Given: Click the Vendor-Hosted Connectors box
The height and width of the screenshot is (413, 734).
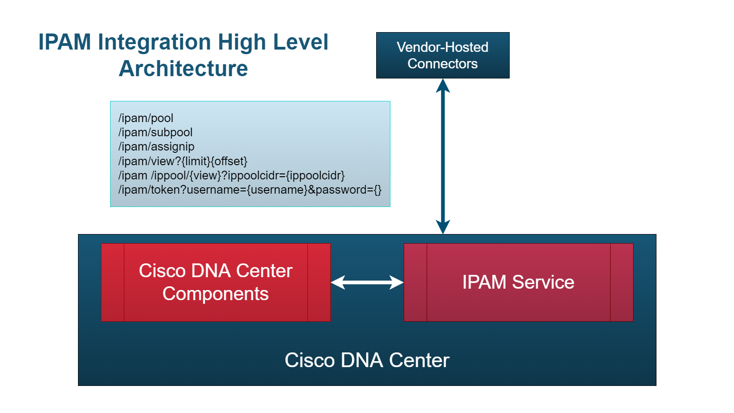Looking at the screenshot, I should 443,55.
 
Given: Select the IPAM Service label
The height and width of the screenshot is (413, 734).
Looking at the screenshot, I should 518,282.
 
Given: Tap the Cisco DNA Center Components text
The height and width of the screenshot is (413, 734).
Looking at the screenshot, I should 216,282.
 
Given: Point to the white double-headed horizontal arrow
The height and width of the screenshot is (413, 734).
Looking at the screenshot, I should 367,282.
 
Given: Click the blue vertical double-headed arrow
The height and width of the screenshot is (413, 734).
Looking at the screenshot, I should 443,156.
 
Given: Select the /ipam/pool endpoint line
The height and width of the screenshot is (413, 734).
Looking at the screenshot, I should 146,118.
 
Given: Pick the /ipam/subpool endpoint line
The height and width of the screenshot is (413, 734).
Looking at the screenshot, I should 156,132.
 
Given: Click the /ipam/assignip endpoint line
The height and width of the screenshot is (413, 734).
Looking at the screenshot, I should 156,146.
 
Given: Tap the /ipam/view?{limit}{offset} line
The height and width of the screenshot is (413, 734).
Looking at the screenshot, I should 183,161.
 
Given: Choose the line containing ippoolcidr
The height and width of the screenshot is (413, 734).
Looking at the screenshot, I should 231,175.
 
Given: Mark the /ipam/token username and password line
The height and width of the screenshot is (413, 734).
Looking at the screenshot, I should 250,190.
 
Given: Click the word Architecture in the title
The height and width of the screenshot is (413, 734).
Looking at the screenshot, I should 183,69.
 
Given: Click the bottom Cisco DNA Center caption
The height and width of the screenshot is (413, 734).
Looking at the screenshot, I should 367,360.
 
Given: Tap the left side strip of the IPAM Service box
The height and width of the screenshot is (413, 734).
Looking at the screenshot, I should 415,282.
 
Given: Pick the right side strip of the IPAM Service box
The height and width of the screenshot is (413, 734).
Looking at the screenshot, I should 622,282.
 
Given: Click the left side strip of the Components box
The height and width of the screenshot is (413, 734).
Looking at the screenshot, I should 112,282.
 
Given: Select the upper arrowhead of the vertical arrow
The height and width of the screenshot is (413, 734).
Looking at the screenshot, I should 443,86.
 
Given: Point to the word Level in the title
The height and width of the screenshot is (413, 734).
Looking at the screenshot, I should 300,42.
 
